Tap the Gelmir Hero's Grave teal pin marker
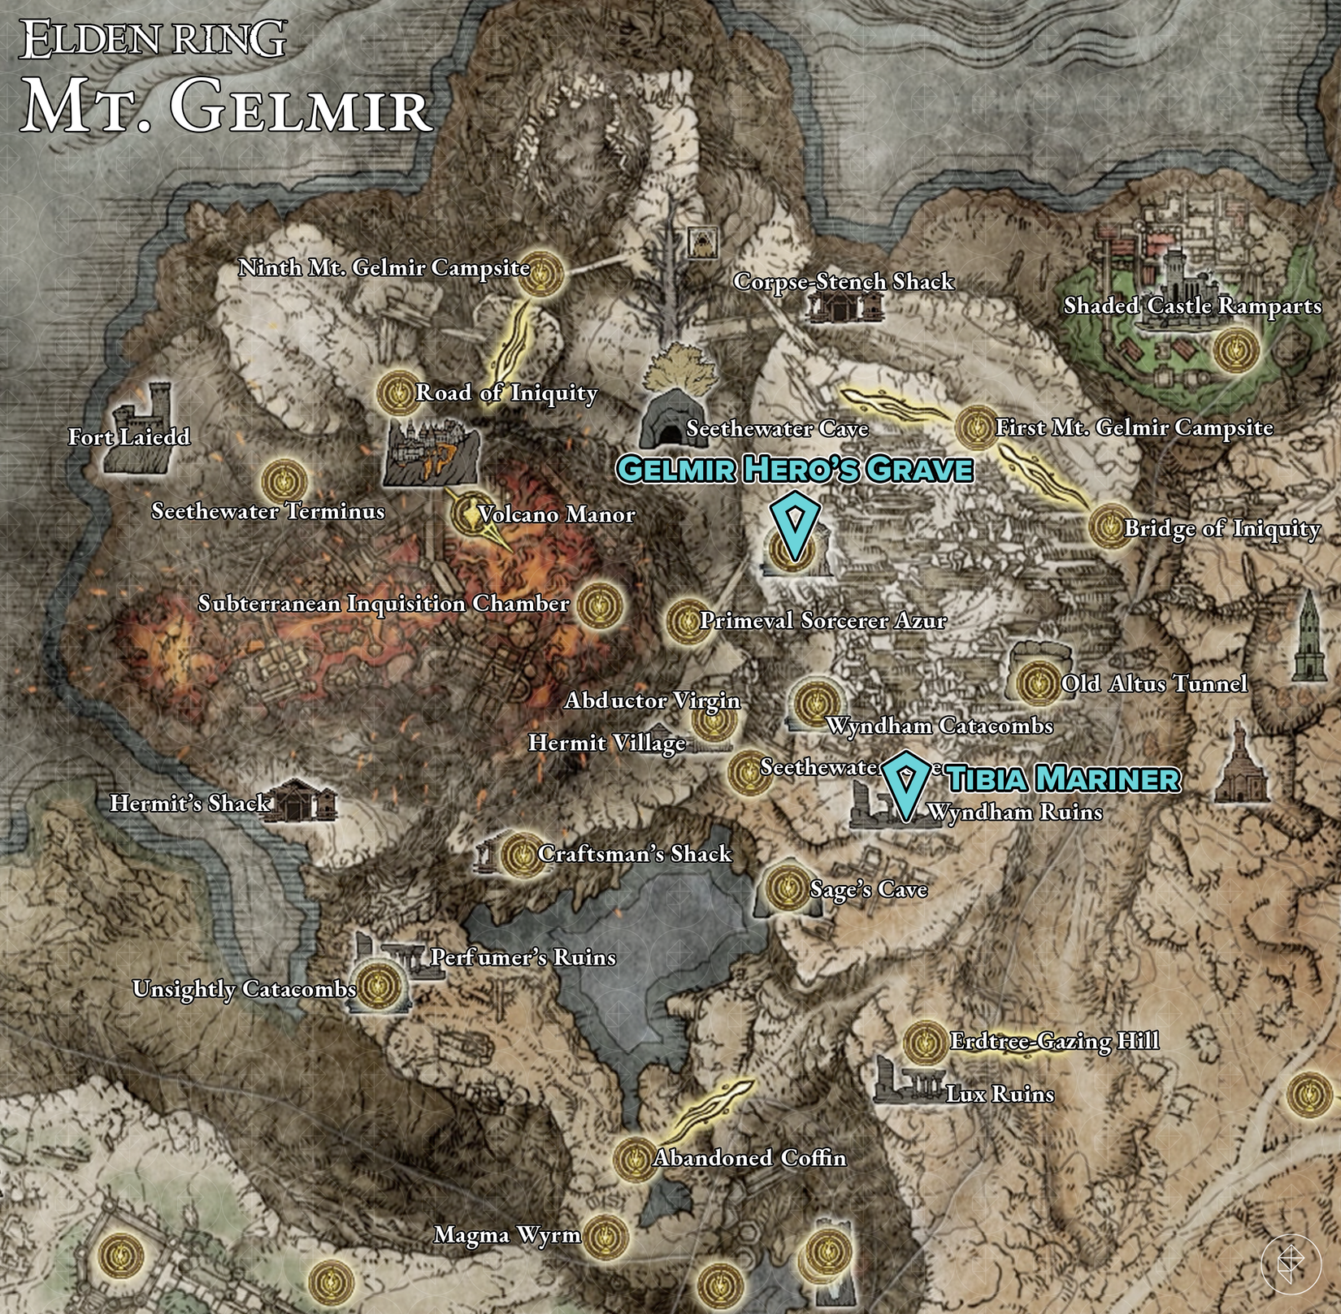[792, 524]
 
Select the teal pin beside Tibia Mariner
[905, 783]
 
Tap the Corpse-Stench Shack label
[843, 282]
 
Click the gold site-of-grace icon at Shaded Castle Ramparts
[1236, 351]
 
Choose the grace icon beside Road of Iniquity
[398, 392]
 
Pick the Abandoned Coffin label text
[749, 1157]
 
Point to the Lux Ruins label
[1000, 1094]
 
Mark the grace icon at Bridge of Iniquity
[1109, 527]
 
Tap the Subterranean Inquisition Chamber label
[384, 604]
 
